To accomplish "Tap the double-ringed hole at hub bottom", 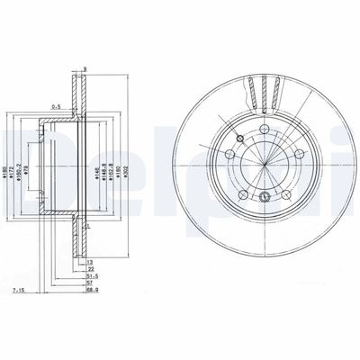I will (264, 198).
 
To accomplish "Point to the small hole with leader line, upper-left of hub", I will (239, 138).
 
